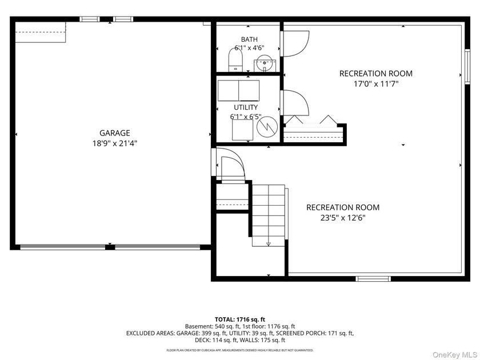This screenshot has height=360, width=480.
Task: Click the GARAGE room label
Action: (115, 133)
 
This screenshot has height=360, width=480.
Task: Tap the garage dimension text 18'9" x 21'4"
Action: (115, 143)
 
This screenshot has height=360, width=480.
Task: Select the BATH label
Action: (249, 39)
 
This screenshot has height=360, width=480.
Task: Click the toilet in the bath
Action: (235, 59)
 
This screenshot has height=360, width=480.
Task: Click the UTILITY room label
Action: (246, 107)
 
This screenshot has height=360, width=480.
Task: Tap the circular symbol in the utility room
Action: (267, 126)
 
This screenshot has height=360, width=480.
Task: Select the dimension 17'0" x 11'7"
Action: (376, 84)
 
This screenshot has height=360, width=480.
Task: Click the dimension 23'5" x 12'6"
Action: (343, 218)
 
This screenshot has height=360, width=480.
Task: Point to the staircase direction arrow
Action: (269, 244)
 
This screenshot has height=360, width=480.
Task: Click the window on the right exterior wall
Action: (467, 66)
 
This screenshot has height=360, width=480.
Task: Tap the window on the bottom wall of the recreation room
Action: (373, 279)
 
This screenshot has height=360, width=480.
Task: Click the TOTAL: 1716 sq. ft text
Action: (240, 320)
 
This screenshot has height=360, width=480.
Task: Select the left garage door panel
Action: (63, 247)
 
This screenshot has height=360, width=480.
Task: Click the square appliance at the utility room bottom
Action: (242, 130)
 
